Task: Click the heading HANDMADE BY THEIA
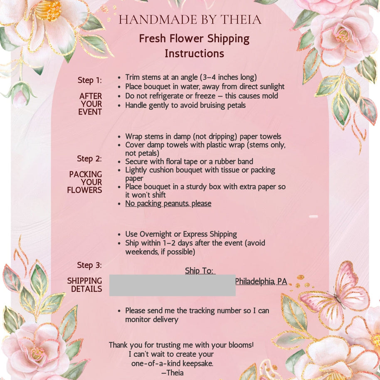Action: pyautogui.click(x=190, y=20)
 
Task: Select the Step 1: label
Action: pyautogui.click(x=89, y=80)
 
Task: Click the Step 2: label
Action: pyautogui.click(x=89, y=159)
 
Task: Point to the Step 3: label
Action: pyautogui.click(x=89, y=265)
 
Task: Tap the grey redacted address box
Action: pyautogui.click(x=172, y=285)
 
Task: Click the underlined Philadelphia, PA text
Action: pyautogui.click(x=261, y=281)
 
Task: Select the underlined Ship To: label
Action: pyautogui.click(x=200, y=271)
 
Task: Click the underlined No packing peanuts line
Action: pyautogui.click(x=168, y=204)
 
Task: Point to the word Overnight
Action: pyautogui.click(x=157, y=234)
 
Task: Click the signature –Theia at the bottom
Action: pyautogui.click(x=172, y=373)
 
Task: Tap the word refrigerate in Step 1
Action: pyautogui.click(x=166, y=96)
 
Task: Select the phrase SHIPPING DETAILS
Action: pyautogui.click(x=85, y=285)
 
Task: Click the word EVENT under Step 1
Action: pyautogui.click(x=90, y=112)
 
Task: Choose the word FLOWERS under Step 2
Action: pyautogui.click(x=84, y=190)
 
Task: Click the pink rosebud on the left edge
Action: pyautogui.click(x=20, y=97)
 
